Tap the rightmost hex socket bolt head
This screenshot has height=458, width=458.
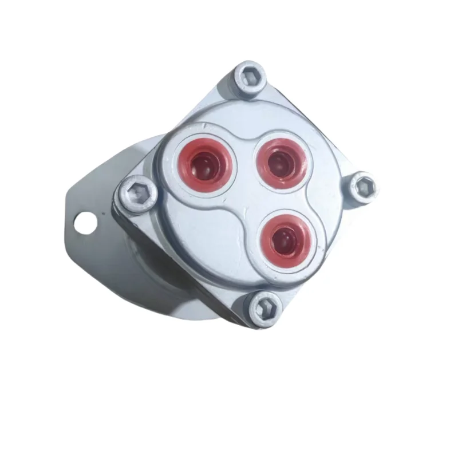pos(364,185)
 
